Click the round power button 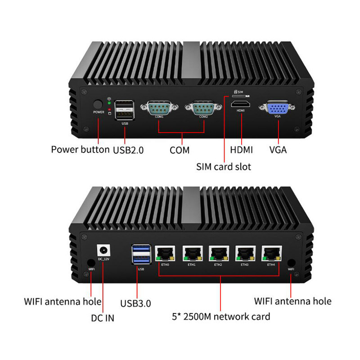pyautogui.click(x=98, y=103)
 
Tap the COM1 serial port pyautogui.click(x=159, y=108)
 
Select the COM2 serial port pyautogui.click(x=202, y=108)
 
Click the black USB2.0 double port pyautogui.click(x=124, y=110)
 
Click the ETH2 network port pyautogui.click(x=218, y=254)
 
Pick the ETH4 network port pyautogui.click(x=271, y=254)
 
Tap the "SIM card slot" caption pyautogui.click(x=224, y=166)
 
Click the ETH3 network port pyautogui.click(x=245, y=254)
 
